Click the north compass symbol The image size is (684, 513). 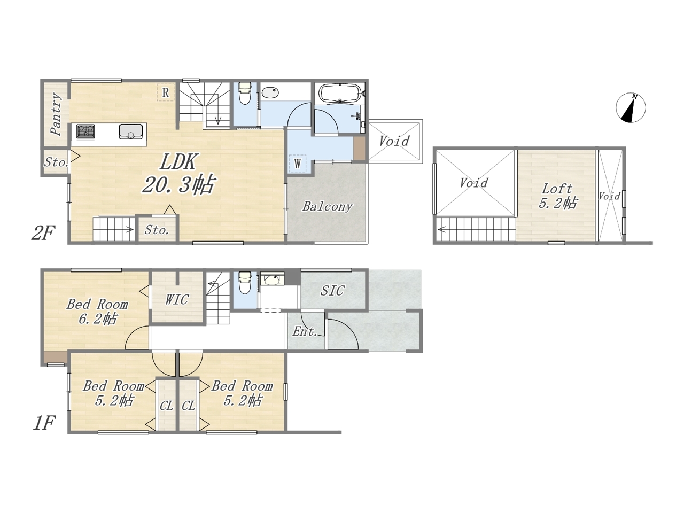click(x=631, y=107)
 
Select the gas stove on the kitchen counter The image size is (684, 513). click(x=85, y=131)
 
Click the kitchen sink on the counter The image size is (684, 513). click(x=131, y=131)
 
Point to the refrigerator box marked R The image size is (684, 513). click(x=166, y=92)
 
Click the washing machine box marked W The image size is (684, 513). click(x=297, y=163)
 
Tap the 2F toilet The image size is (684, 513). click(x=245, y=93)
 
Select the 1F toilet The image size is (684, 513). click(x=245, y=282)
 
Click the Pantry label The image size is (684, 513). click(x=57, y=114)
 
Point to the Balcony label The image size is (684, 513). click(x=327, y=206)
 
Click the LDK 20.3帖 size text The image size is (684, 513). click(x=178, y=184)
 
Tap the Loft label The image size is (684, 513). click(x=557, y=189)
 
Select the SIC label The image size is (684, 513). click(x=332, y=291)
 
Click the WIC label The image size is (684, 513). click(x=177, y=300)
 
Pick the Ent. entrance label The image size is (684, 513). click(x=305, y=331)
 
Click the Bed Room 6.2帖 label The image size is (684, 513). click(x=97, y=311)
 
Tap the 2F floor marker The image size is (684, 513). click(x=43, y=234)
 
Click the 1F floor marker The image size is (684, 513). click(x=44, y=423)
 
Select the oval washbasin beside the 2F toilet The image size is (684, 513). click(x=270, y=93)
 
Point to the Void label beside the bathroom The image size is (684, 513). click(x=394, y=141)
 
